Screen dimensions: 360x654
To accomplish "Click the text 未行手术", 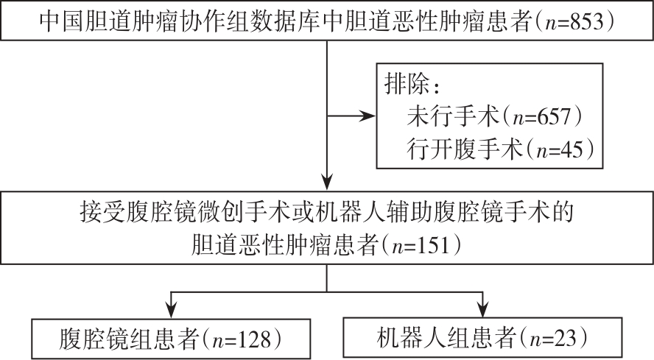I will [x=451, y=117].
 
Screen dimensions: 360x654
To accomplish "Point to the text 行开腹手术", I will [x=461, y=149].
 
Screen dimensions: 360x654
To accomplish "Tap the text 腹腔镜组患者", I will [x=128, y=339].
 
